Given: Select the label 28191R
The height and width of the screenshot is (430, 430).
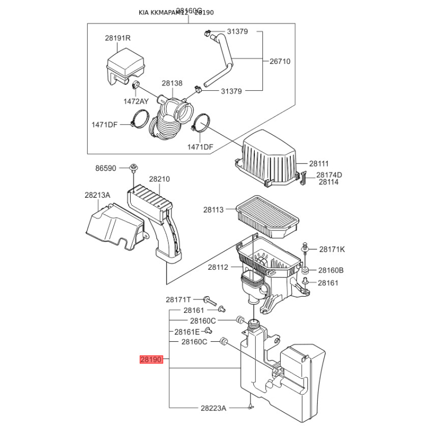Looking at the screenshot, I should click(118, 38).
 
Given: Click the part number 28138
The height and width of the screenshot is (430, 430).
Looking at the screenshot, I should click(173, 83).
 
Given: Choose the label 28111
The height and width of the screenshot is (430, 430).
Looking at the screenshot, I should click(319, 163).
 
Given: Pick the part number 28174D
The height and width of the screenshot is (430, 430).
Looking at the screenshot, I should click(329, 175).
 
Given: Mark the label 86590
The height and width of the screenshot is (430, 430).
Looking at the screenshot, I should click(106, 168).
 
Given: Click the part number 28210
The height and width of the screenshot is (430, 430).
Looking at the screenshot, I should click(160, 179).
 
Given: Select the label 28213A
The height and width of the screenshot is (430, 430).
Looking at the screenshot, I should click(97, 196).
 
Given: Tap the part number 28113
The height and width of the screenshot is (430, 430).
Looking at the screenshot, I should click(213, 210).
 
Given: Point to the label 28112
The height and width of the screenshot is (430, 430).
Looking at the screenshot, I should click(218, 267).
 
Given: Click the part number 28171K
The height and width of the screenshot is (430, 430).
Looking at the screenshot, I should click(332, 249).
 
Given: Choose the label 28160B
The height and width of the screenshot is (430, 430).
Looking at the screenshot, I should click(331, 270).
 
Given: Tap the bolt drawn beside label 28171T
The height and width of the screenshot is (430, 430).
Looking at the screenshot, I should click(208, 299).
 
